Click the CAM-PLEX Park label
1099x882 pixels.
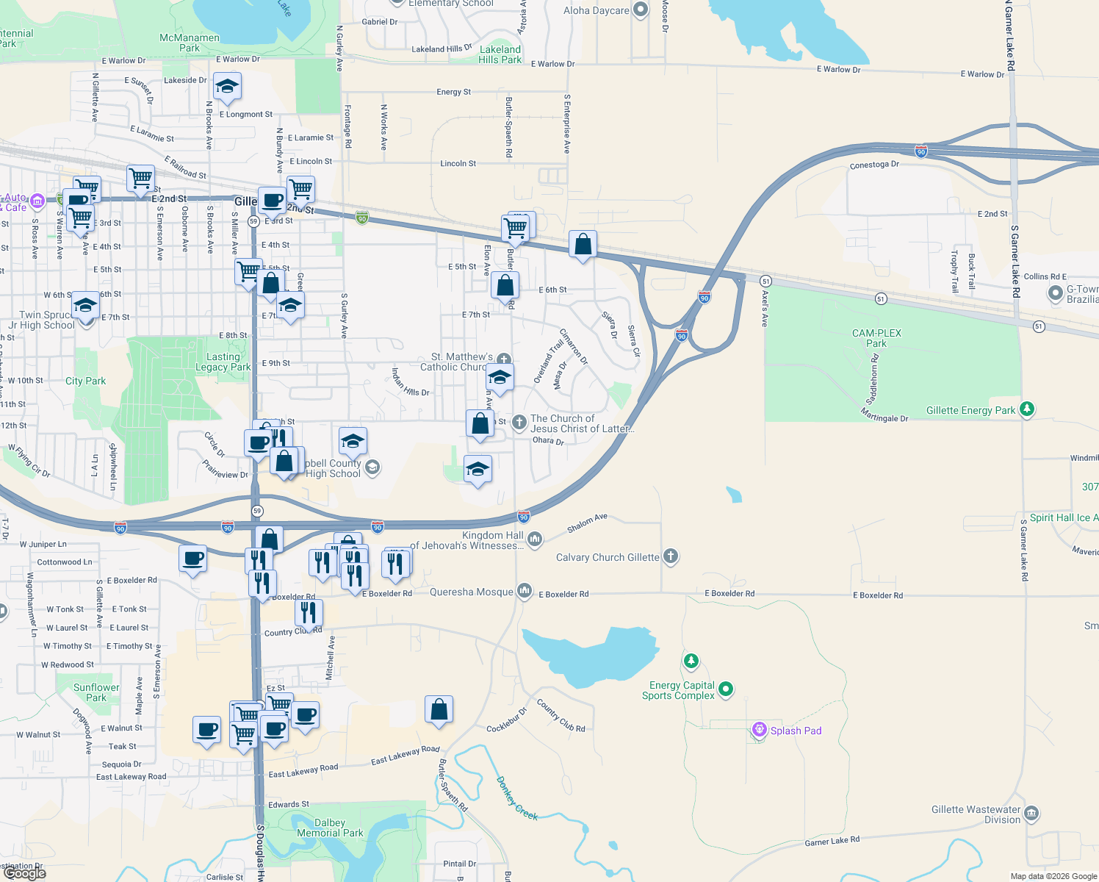[876, 338]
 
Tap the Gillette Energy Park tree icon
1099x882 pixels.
[1027, 409]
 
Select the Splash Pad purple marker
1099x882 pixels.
[760, 729]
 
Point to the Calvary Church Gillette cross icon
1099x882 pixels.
[670, 556]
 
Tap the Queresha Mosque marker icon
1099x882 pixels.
[524, 590]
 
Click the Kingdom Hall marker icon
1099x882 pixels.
[535, 539]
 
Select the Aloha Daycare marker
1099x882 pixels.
[641, 10]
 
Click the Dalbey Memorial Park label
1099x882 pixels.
[330, 828]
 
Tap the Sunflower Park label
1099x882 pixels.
[96, 692]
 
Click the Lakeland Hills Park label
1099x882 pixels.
[500, 54]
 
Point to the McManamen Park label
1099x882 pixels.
[190, 43]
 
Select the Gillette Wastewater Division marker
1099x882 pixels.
[1031, 813]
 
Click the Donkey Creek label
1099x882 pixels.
[516, 798]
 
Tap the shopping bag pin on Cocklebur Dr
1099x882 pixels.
[439, 709]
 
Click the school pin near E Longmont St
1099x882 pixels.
[227, 87]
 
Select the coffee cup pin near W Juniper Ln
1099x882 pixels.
[193, 559]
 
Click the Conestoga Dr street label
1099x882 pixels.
[874, 165]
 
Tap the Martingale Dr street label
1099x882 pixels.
[884, 417]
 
